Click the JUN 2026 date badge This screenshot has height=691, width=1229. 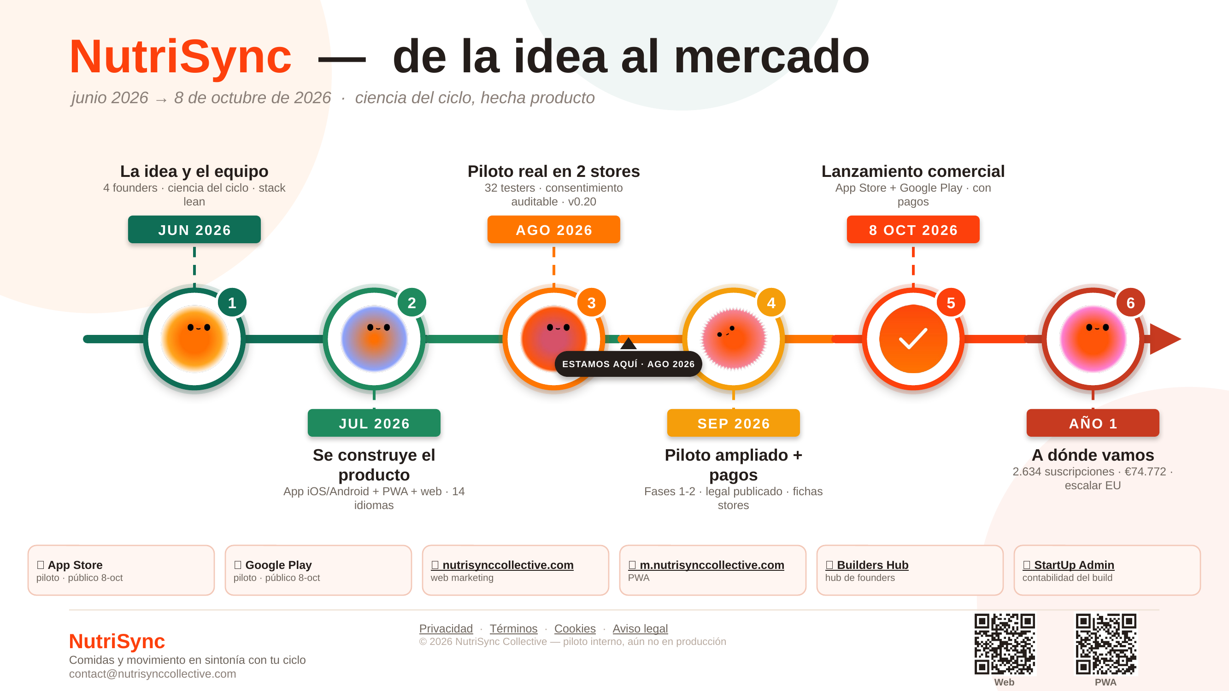click(x=194, y=229)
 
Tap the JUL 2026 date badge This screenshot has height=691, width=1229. click(x=374, y=423)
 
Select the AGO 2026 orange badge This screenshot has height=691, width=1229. click(x=554, y=229)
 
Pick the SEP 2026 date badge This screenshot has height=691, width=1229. click(x=733, y=423)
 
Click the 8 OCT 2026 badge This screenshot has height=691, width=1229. click(x=913, y=229)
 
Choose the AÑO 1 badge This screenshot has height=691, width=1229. click(x=1093, y=423)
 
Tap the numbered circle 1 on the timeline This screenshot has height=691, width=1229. click(x=232, y=303)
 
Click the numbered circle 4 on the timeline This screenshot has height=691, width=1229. click(x=771, y=303)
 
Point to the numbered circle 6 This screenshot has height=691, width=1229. click(x=1131, y=303)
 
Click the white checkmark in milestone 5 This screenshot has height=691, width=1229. click(x=913, y=339)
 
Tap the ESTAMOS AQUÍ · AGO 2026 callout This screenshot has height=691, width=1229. click(x=629, y=364)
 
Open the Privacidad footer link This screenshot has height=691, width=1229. click(x=446, y=628)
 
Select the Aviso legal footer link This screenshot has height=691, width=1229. click(x=640, y=628)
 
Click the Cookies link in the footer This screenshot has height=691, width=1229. click(x=575, y=628)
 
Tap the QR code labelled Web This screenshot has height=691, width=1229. click(x=1005, y=644)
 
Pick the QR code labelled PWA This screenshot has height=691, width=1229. click(x=1106, y=644)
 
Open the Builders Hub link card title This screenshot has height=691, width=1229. click(x=867, y=565)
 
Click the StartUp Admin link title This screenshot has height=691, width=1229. click(x=1068, y=565)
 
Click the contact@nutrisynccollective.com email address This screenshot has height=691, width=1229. click(x=153, y=674)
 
